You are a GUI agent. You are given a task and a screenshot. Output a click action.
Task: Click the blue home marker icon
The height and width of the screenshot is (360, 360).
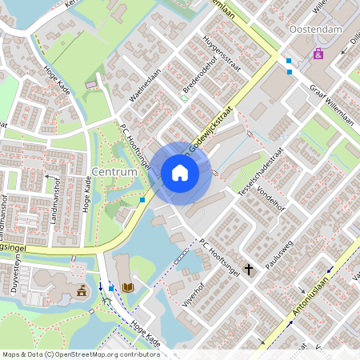tap(180, 173)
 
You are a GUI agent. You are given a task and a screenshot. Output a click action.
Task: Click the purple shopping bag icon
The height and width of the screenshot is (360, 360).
tap(318, 54)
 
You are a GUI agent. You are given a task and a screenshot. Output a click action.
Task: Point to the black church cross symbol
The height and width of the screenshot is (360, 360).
tap(249, 270)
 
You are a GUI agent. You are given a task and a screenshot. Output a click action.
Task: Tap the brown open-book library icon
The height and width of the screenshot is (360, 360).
tap(127, 286)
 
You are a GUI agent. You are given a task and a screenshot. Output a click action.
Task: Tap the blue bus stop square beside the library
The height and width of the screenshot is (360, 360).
tap(110, 286)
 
